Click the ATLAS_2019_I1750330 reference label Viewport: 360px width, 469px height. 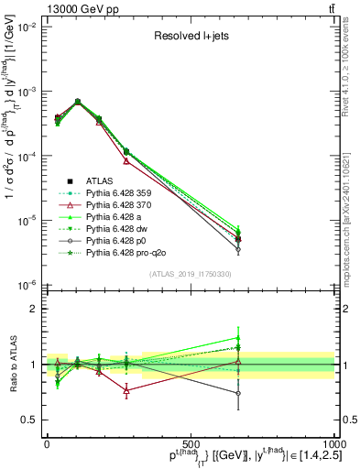(190, 274)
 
